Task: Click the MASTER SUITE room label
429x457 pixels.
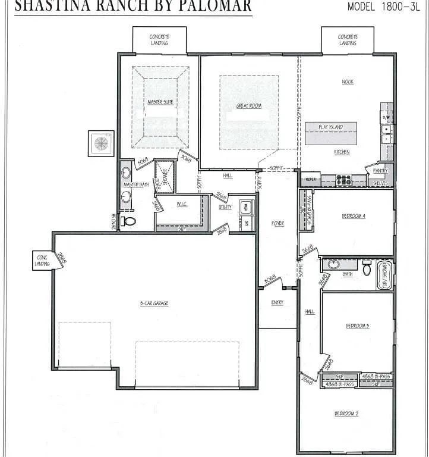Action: [160, 102]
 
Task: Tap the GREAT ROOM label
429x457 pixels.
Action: [249, 106]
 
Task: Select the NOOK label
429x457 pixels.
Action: [348, 82]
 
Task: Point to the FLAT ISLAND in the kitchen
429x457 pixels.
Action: [331, 127]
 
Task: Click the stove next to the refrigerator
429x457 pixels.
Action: [343, 179]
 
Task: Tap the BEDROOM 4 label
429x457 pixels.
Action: [353, 216]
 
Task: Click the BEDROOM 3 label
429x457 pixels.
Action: [358, 325]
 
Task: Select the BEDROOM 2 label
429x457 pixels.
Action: [346, 414]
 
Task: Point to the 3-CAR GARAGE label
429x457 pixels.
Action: [154, 303]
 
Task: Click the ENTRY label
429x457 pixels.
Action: [277, 302]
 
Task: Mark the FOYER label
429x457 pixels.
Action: [277, 224]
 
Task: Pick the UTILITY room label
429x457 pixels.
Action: [225, 207]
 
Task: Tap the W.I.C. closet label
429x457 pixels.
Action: [182, 205]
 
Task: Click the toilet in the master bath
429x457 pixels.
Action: [129, 221]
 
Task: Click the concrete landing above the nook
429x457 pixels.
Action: [348, 40]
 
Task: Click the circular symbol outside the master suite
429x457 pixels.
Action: [101, 143]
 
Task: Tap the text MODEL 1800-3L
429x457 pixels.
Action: [384, 7]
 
